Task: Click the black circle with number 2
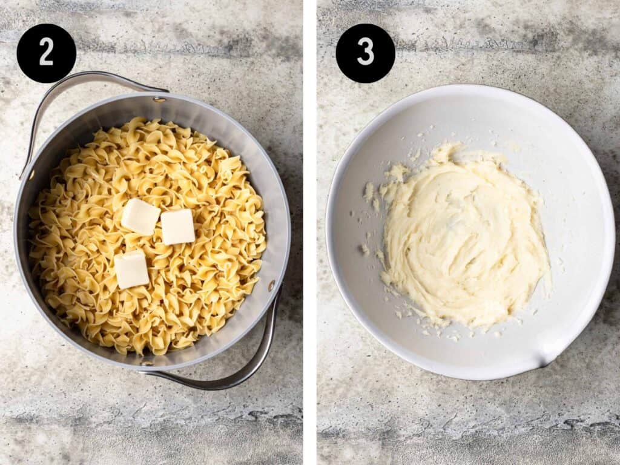46,53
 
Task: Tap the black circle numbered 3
365,53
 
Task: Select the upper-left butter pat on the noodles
140,216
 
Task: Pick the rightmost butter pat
178,226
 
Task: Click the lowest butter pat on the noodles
131,269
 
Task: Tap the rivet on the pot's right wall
272,285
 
